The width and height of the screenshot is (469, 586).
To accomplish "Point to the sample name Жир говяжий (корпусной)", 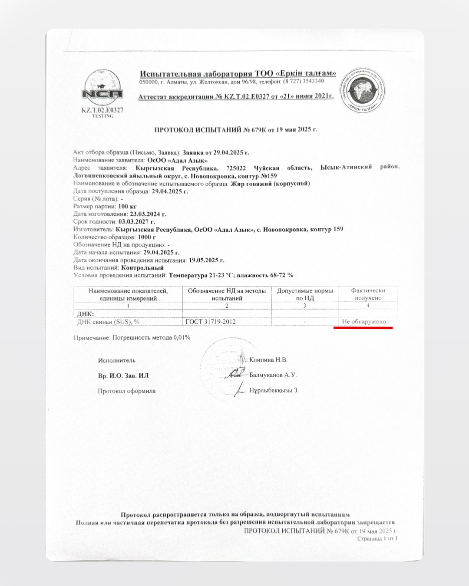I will tap(270, 183).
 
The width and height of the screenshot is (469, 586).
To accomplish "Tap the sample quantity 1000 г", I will tap(146, 237).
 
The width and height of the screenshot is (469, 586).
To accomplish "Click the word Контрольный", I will tap(142, 268).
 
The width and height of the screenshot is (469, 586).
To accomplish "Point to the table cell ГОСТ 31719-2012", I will tap(211, 322).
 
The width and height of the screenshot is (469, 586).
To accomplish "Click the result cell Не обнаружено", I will tap(363, 322).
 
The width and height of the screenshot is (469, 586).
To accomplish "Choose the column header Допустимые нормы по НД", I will tap(305, 294).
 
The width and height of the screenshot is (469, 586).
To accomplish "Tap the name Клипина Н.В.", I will tap(268, 359).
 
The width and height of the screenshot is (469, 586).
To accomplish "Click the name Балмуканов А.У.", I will tap(273, 375).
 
